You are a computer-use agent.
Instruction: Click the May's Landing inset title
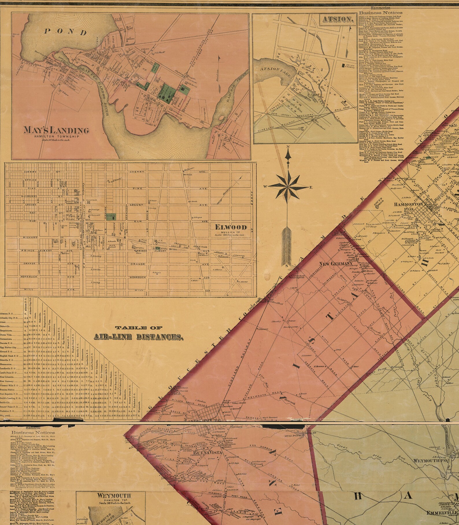tap(57, 130)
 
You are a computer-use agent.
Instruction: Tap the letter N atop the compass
tap(288, 147)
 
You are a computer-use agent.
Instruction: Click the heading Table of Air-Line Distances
tap(138, 333)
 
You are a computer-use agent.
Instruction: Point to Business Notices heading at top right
tap(380, 13)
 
